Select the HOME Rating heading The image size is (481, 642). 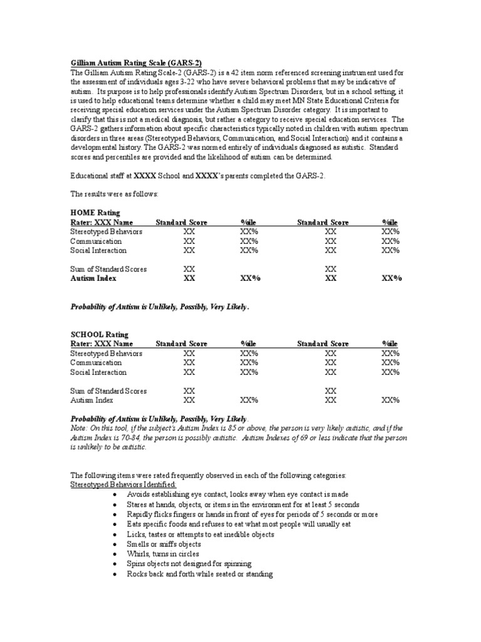tap(95, 213)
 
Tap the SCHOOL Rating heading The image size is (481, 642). tap(100, 335)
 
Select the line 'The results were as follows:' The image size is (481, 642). tap(114, 194)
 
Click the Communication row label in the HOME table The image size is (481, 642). tap(96, 241)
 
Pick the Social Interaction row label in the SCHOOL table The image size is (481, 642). tap(98, 372)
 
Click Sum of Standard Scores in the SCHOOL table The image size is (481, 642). tap(108, 391)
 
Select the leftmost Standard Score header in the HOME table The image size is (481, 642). tap(182, 223)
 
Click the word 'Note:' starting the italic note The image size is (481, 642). tap(80, 428)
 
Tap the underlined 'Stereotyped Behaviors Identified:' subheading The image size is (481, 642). tap(123, 485)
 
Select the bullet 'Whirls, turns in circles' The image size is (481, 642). tap(162, 554)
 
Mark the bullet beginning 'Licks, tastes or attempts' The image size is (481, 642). tap(200, 534)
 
